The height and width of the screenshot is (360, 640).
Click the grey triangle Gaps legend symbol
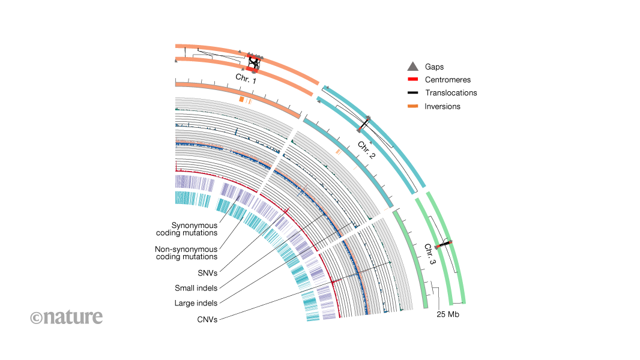click(412, 67)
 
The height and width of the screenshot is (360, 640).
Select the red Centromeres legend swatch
click(412, 80)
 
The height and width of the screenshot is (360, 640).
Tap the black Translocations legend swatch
click(412, 93)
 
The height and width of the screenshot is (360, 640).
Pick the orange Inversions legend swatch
click(412, 106)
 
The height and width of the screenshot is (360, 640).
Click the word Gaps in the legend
click(434, 67)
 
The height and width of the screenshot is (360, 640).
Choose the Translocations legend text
click(451, 93)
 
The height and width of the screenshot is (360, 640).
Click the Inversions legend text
click(442, 106)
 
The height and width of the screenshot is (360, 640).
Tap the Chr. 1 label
click(246, 79)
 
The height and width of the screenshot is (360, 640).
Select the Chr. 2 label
click(366, 149)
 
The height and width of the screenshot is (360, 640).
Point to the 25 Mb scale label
click(448, 314)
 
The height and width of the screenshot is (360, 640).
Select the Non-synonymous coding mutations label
click(187, 253)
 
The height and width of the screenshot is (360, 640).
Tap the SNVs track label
click(207, 272)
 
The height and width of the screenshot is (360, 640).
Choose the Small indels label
click(196, 287)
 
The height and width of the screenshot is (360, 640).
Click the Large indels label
click(196, 303)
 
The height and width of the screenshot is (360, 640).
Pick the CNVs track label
click(207, 319)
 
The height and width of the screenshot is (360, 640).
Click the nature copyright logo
click(67, 317)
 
